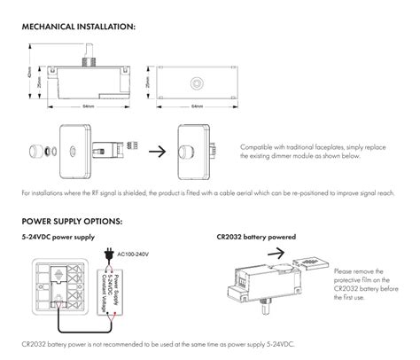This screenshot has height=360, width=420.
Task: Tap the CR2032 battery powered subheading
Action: tap(256, 238)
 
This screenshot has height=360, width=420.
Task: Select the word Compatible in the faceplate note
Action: tap(258, 146)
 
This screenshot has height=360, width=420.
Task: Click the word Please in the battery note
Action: tap(346, 270)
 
